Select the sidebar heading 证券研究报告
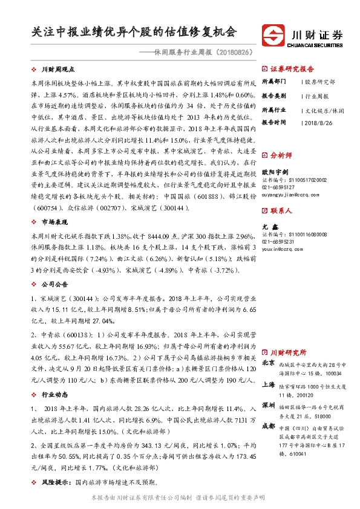[x=292, y=68]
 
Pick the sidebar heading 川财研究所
[x=288, y=352]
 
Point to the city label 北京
[x=269, y=363]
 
